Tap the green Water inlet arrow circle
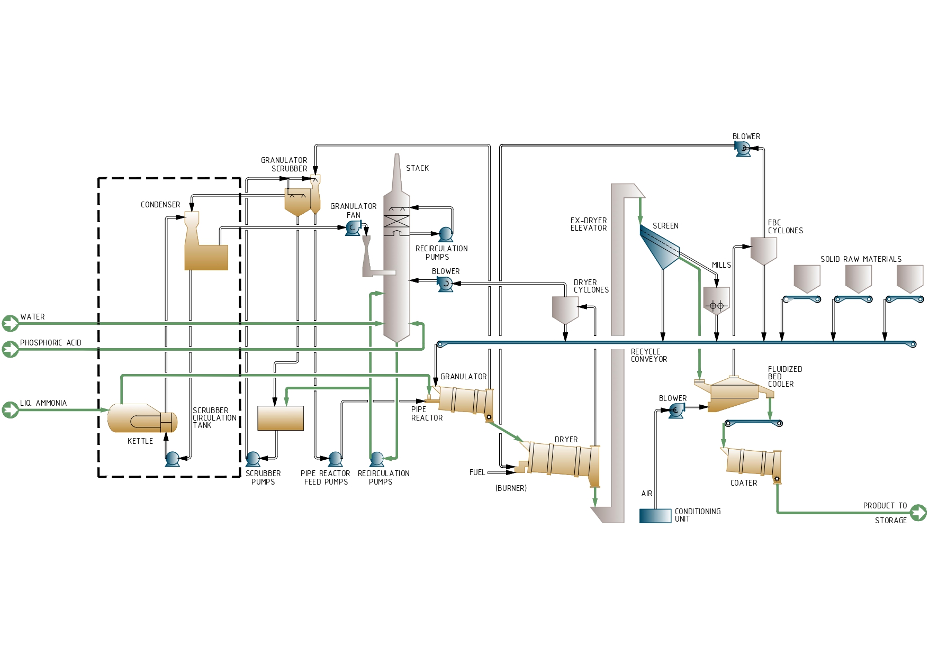point(10,323)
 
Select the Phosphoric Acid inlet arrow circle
point(10,349)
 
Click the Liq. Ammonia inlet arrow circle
point(10,410)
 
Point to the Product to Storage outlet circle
point(918,513)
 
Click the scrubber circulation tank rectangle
point(281,418)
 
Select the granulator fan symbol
point(353,228)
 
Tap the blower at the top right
point(743,149)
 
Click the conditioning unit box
point(655,516)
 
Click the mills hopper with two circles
point(716,300)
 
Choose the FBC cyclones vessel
point(763,250)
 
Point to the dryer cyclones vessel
point(565,309)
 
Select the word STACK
point(417,168)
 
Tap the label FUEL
point(477,472)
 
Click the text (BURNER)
point(511,488)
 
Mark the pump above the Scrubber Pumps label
point(253,459)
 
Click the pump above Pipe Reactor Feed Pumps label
point(335,459)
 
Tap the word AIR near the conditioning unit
point(647,494)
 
